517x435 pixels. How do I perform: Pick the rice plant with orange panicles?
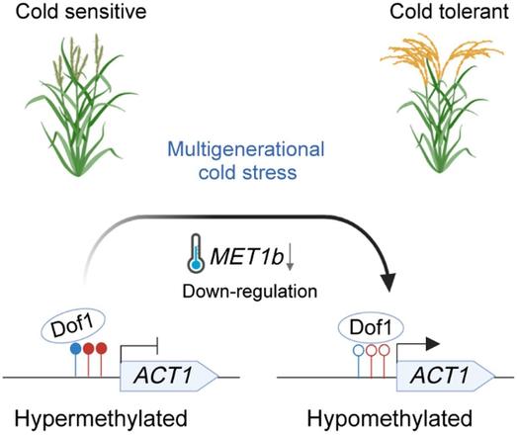[438, 99]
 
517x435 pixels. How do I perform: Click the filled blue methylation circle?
[76, 349]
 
